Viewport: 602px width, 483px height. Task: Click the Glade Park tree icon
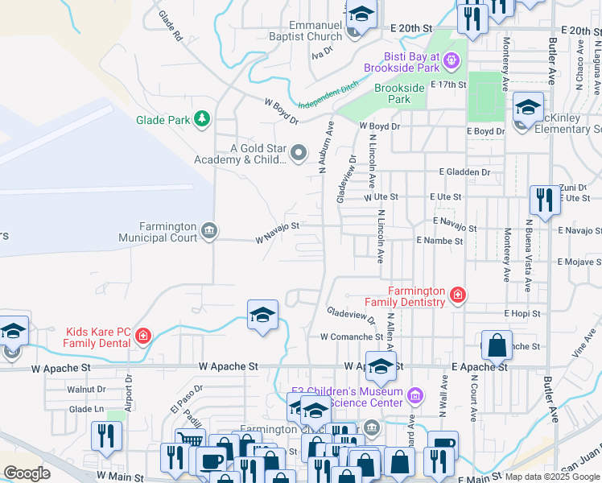coord(201,121)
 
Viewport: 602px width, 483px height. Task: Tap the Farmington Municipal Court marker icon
coord(209,232)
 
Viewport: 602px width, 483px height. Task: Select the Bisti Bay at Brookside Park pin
coord(451,60)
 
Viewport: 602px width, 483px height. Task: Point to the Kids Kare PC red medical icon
coord(143,336)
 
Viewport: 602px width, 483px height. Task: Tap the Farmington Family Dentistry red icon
coord(458,295)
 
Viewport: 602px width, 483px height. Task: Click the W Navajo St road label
coord(278,233)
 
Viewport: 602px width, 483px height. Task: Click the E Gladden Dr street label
coord(464,172)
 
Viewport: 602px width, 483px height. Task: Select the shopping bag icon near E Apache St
coord(497,345)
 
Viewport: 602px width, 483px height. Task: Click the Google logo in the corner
coord(27,473)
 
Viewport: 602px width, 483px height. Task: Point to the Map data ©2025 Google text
coord(552,477)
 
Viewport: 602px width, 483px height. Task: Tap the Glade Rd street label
coord(171,27)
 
